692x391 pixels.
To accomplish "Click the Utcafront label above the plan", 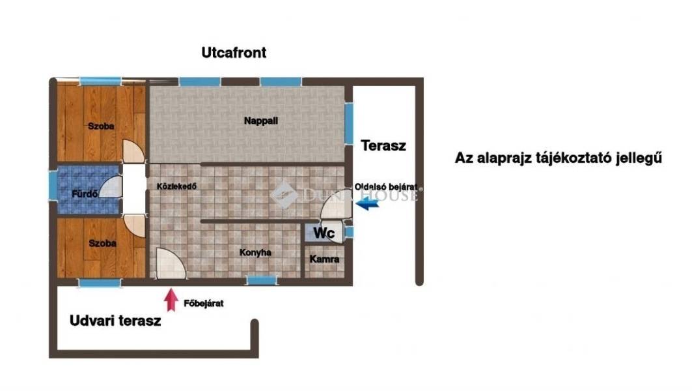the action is pyautogui.click(x=234, y=53).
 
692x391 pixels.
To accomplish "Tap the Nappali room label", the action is pyautogui.click(x=261, y=121).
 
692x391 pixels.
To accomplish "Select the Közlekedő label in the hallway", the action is pyautogui.click(x=176, y=186).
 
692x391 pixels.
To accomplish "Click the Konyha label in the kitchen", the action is pyautogui.click(x=255, y=253).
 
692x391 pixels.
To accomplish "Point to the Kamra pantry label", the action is pyautogui.click(x=324, y=259).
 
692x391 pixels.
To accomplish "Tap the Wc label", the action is pyautogui.click(x=324, y=233).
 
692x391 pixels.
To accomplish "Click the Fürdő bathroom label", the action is pyautogui.click(x=85, y=194).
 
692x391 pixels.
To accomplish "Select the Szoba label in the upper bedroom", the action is pyautogui.click(x=101, y=126).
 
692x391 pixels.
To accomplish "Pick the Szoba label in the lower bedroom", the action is pyautogui.click(x=102, y=244).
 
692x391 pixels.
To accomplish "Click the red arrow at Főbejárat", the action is pyautogui.click(x=171, y=300).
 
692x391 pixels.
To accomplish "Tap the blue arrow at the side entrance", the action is pyautogui.click(x=367, y=204).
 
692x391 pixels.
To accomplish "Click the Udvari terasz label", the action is pyautogui.click(x=115, y=321).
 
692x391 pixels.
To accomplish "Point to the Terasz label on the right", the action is pyautogui.click(x=383, y=146).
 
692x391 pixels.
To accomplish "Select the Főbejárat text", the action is pyautogui.click(x=204, y=304).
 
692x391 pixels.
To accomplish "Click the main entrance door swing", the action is pyautogui.click(x=171, y=264).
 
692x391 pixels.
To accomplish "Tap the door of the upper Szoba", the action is pyautogui.click(x=133, y=151).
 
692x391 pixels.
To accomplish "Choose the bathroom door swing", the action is pyautogui.click(x=110, y=187).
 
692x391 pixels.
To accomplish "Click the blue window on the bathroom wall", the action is pyautogui.click(x=53, y=186).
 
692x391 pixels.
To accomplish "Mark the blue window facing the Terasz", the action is pyautogui.click(x=349, y=124).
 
